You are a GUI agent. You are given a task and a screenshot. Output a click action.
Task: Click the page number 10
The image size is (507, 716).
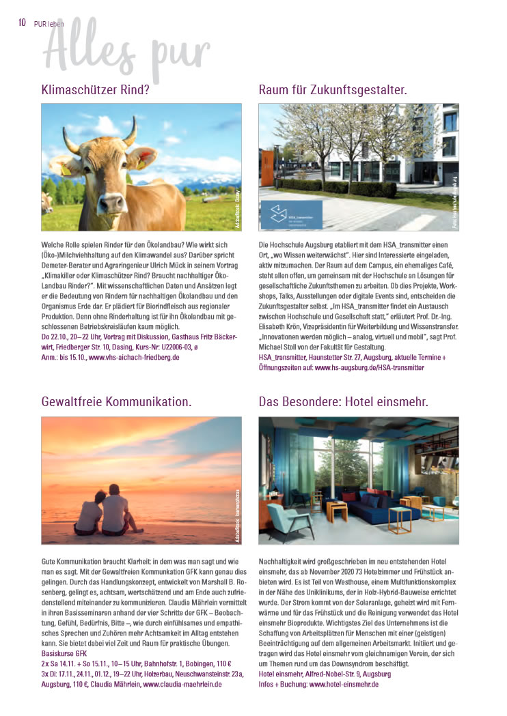click(22, 22)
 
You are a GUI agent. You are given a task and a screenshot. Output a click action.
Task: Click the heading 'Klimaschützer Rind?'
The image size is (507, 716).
click(95, 89)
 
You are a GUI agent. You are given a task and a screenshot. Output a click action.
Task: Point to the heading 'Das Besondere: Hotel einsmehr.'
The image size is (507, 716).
click(343, 403)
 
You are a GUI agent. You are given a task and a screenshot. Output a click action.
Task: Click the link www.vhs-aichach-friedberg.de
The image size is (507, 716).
click(134, 357)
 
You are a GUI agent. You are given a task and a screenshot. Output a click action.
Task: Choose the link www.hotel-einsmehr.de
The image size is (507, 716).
click(344, 683)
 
